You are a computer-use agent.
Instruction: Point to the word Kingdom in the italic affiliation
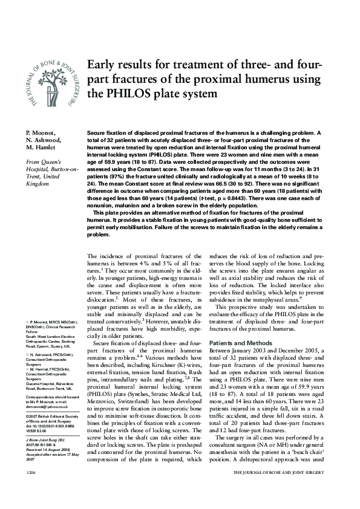(x=37, y=184)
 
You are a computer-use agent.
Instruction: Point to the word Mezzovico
(x=104, y=400)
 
